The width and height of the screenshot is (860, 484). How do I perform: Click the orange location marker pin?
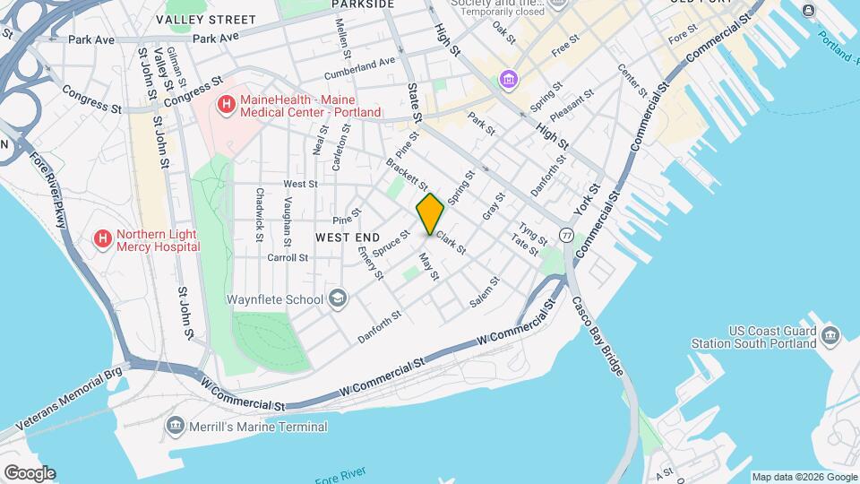pos(430,214)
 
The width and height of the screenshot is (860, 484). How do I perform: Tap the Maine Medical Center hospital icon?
pos(227,105)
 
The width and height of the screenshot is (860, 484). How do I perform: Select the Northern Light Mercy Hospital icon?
pos(103,239)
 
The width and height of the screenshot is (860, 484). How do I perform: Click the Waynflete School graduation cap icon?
pos(338,298)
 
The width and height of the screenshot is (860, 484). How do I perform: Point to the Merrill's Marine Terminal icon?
pos(176,427)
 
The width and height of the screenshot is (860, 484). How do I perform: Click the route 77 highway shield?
pos(566,235)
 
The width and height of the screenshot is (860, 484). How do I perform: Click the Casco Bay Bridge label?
pos(596,335)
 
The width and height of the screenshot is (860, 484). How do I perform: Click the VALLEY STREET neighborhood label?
pos(205,19)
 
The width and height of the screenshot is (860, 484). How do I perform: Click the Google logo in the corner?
pos(29,473)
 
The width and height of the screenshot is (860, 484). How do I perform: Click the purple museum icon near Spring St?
pos(510,81)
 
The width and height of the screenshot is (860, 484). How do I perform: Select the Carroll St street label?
pos(288,256)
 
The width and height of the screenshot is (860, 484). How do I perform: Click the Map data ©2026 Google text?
pos(804,477)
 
